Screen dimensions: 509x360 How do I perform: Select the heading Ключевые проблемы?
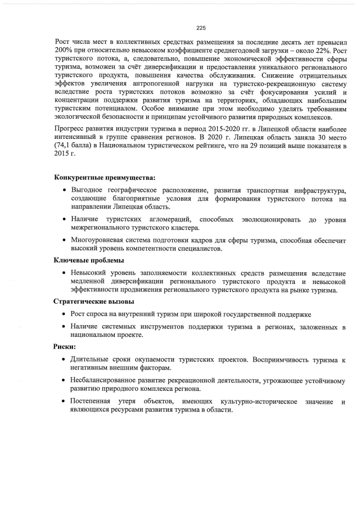point(89,260)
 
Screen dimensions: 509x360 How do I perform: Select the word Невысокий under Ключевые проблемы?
point(89,273)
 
